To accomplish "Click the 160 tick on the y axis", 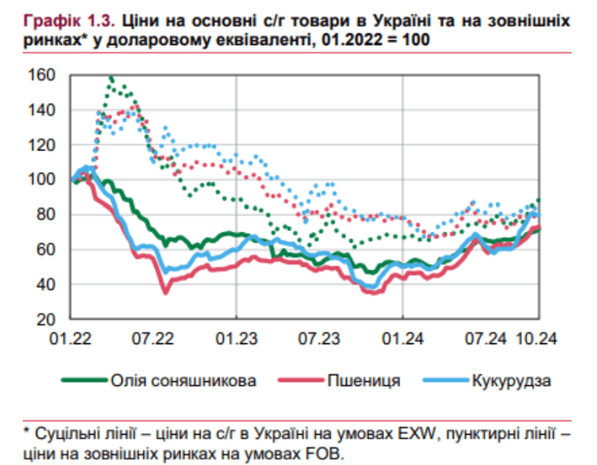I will point(42,75).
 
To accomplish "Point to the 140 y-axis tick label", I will point(42,110).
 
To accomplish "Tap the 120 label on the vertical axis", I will point(42,145).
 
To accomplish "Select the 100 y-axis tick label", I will point(42,180).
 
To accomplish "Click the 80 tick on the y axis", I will point(45,215).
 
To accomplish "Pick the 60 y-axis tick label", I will point(45,249).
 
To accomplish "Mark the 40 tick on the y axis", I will point(45,284).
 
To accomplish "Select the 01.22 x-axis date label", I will point(73,337).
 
